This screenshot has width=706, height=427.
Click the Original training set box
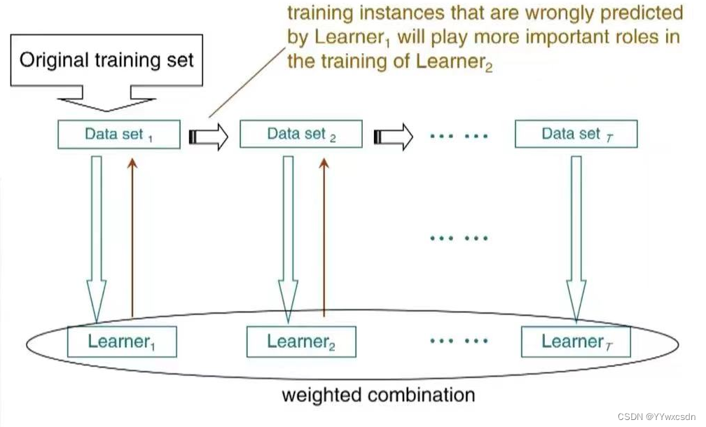pyautogui.click(x=106, y=59)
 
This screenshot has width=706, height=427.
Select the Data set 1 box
pyautogui.click(x=119, y=134)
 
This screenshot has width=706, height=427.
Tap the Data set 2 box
pyautogui.click(x=301, y=134)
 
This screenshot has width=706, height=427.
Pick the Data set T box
pyautogui.click(x=576, y=134)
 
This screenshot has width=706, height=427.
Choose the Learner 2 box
pyautogui.click(x=301, y=342)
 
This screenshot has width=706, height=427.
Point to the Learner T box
pyautogui.click(x=576, y=342)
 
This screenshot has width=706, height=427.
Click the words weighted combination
pyautogui.click(x=378, y=394)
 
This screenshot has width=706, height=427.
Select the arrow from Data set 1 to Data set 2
pyautogui.click(x=209, y=136)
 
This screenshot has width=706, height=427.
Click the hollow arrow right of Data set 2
pyautogui.click(x=392, y=136)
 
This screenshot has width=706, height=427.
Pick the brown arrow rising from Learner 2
pyautogui.click(x=323, y=238)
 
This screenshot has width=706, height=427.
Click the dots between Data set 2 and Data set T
pyautogui.click(x=458, y=136)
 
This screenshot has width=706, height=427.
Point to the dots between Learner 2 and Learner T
pyautogui.click(x=458, y=341)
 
